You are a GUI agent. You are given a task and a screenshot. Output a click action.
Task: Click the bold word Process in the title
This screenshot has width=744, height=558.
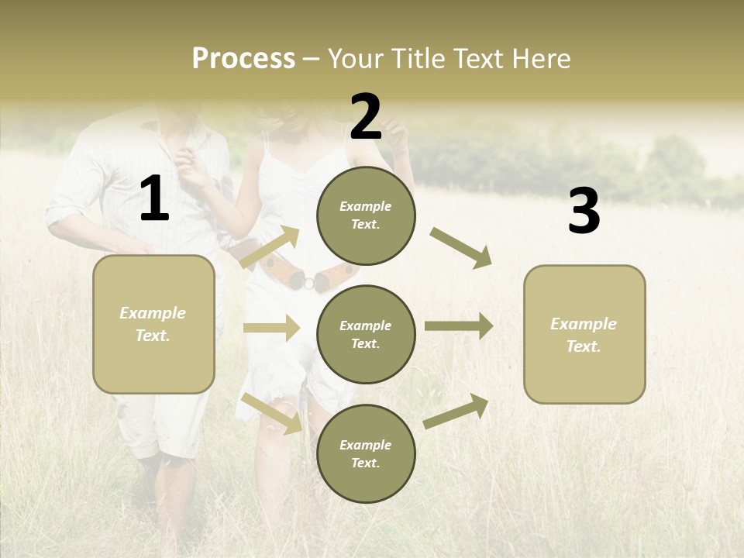[x=243, y=58]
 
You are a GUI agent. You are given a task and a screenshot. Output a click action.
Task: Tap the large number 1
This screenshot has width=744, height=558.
[x=154, y=199]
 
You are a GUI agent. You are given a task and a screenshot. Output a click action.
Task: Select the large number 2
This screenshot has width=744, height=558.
[x=366, y=117]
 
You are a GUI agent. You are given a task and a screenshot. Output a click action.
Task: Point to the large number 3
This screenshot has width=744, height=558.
[x=584, y=212]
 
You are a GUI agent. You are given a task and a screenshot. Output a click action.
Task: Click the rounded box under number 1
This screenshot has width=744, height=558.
[x=153, y=324]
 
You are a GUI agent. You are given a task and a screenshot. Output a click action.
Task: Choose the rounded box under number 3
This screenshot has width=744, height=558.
[x=584, y=334]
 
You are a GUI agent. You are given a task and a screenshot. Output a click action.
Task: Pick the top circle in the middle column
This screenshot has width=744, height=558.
[x=366, y=215]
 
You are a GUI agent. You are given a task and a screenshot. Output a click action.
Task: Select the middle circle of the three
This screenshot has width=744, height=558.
[x=366, y=334]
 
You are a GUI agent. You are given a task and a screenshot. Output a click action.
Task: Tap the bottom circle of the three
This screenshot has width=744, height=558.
[x=366, y=453]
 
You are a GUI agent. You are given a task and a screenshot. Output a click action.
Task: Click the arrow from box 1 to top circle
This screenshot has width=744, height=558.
[x=270, y=247]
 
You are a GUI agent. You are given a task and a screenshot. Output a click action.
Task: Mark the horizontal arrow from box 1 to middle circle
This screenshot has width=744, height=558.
[x=271, y=328]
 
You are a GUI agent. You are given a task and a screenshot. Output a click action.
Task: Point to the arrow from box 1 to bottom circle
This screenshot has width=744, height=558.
[x=271, y=413]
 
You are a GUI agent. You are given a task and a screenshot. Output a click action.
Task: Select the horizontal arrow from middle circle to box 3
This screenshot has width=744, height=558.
[x=459, y=326]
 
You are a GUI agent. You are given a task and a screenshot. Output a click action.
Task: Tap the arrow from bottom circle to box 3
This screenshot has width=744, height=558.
[x=456, y=412]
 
